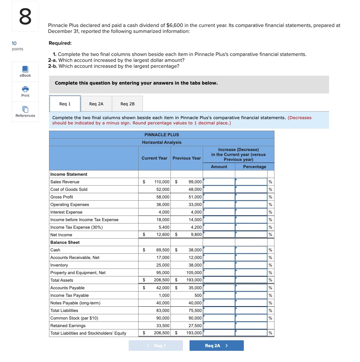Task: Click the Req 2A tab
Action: coord(96,104)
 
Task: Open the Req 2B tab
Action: coord(127,104)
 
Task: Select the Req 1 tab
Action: coord(65,104)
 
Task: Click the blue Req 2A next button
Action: coord(216,346)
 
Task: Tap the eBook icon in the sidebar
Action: coord(25,69)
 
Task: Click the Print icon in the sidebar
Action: coord(25,90)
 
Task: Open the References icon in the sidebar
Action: coord(25,109)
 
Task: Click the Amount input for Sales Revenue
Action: coord(219,182)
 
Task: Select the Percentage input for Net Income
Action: coord(251,235)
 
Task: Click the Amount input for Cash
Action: coord(219,250)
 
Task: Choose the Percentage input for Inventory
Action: coord(251,265)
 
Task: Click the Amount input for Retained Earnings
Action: coord(219,326)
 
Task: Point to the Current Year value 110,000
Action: coord(162,182)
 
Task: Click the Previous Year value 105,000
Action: coord(194,273)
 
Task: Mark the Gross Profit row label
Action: coord(62,197)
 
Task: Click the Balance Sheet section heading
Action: coord(65,243)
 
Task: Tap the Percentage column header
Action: coord(254,167)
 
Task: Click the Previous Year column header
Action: coord(187,158)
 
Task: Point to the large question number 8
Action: coord(25,16)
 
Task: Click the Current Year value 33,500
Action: coord(163,326)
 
